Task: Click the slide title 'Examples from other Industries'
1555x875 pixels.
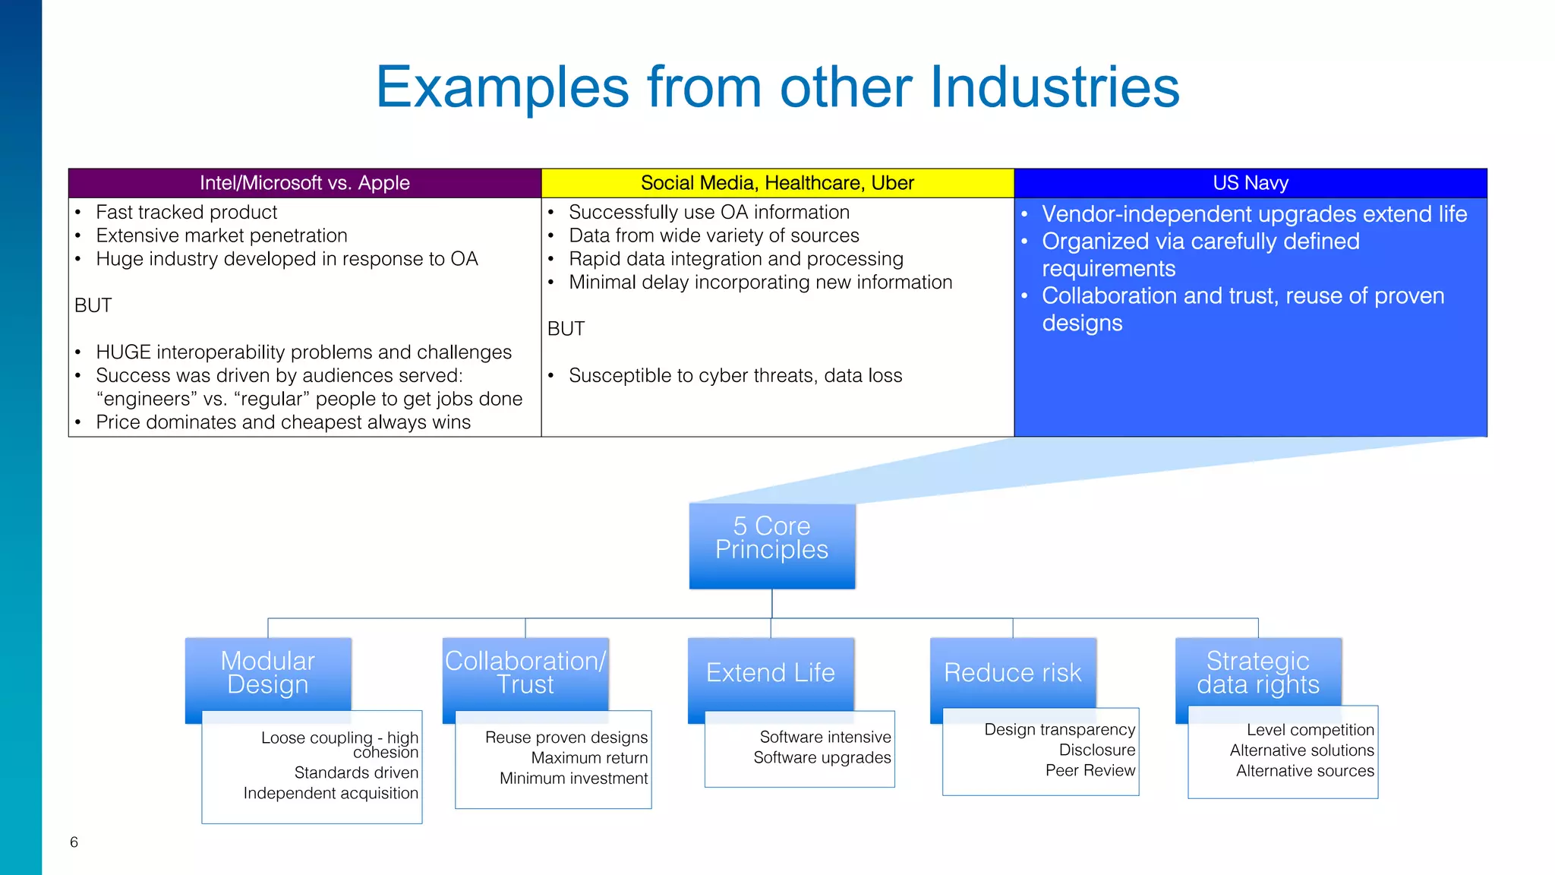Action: (777, 87)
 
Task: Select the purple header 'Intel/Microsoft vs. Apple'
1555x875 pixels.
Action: (304, 183)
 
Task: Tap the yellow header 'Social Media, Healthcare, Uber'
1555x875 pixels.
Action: (777, 183)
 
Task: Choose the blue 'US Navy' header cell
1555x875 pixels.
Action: (1250, 183)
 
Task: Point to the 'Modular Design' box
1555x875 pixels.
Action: (267, 673)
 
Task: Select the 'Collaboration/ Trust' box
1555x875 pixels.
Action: (525, 673)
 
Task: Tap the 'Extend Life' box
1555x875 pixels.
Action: (770, 673)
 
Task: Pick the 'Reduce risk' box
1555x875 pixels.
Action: (1012, 673)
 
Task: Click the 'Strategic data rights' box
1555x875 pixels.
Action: (1257, 673)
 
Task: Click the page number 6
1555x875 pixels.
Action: (74, 842)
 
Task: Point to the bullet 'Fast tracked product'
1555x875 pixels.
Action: (186, 212)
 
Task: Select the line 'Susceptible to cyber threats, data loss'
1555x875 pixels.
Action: (735, 375)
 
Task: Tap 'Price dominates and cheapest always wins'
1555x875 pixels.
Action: (282, 422)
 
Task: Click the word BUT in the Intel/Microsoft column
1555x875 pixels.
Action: (93, 305)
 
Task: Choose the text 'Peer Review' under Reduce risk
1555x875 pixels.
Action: (1090, 770)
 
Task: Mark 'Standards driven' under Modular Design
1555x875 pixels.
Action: (356, 772)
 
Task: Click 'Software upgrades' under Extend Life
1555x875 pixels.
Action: (822, 757)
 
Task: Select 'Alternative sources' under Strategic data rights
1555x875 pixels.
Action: (1304, 771)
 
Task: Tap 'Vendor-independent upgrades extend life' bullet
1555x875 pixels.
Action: (1254, 214)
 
